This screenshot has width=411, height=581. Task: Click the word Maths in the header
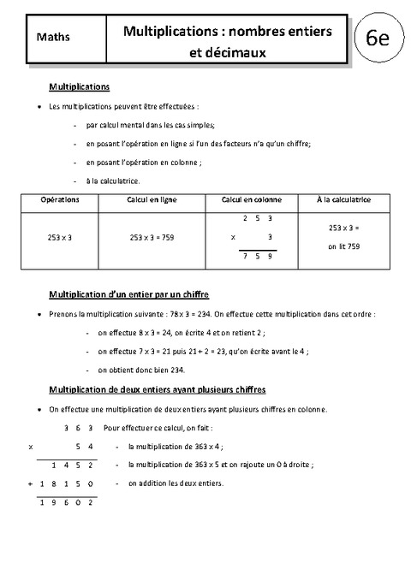[x=54, y=38]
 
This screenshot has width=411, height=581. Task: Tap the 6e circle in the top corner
[x=378, y=39]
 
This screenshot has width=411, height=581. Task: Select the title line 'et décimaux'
[x=228, y=52]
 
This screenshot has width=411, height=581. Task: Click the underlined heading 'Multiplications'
[x=80, y=87]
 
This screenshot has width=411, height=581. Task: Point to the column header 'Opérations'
[x=60, y=199]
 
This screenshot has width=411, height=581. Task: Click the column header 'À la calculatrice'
[x=342, y=199]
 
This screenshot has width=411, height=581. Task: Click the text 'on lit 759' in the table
[x=343, y=246]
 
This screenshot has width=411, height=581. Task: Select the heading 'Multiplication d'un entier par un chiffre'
[x=129, y=293]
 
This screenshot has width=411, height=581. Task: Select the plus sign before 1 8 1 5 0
[x=31, y=483]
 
